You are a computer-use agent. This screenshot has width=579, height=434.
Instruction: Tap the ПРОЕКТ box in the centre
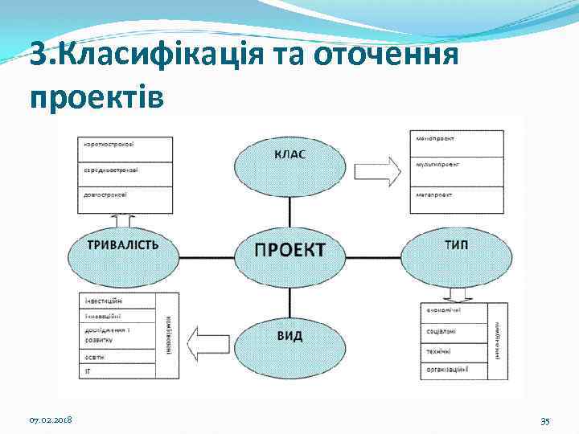[289, 249]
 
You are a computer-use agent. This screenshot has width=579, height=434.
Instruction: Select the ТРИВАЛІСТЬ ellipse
[122, 249]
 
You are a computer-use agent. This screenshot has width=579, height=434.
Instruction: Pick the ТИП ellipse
[456, 249]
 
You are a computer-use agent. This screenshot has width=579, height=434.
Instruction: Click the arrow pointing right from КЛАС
[377, 170]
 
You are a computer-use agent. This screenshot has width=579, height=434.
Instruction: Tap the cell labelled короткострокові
[125, 149]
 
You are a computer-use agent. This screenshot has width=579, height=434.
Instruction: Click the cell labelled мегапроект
[450, 194]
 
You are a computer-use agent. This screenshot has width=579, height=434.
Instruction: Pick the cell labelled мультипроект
[450, 166]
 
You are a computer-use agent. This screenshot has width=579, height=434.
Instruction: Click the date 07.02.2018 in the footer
[50, 420]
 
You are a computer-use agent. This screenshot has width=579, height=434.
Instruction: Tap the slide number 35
[544, 420]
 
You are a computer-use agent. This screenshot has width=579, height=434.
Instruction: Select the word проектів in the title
[96, 96]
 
